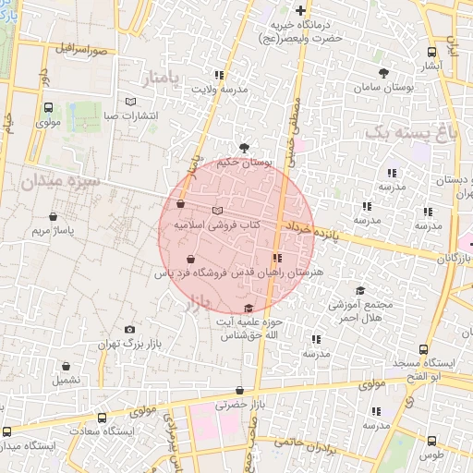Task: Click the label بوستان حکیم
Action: point(246,163)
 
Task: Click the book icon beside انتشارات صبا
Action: point(130,101)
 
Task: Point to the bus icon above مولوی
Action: point(48,106)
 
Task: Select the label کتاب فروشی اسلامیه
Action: point(217,224)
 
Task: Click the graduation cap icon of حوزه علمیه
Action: point(248,309)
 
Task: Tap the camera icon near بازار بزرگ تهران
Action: point(129,330)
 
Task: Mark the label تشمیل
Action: point(67,380)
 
